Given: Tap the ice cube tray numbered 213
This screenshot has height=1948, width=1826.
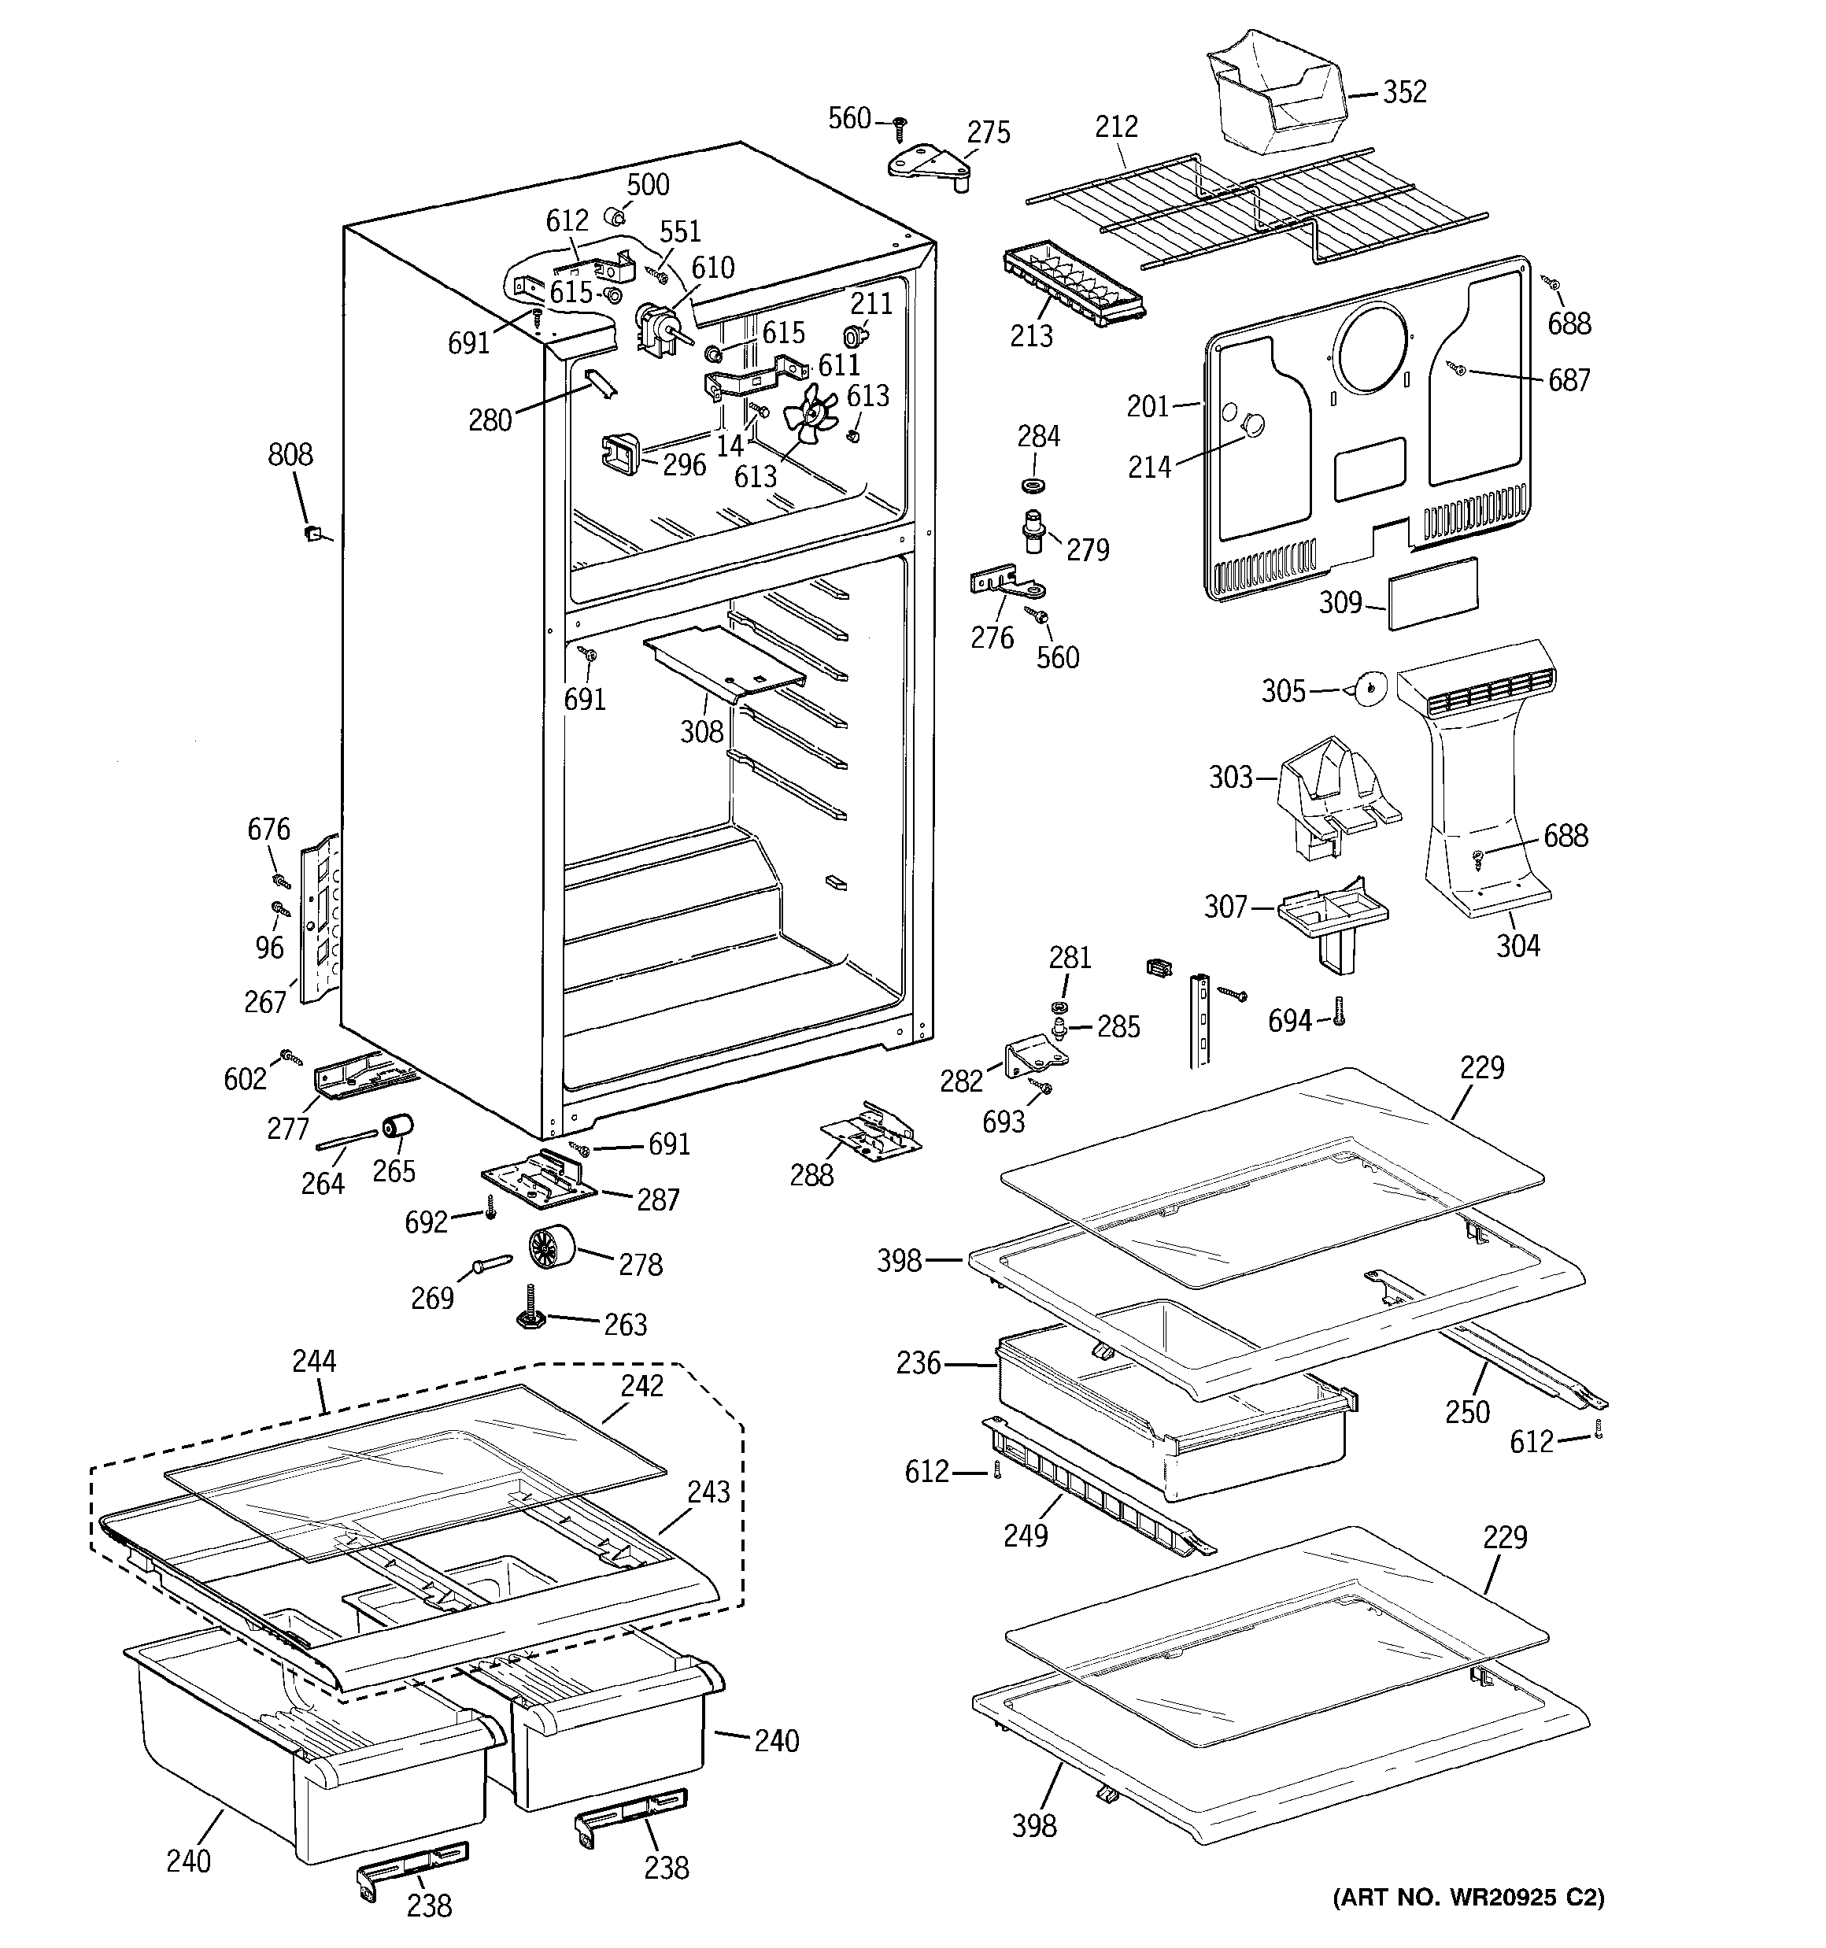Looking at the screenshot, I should pyautogui.click(x=1071, y=284).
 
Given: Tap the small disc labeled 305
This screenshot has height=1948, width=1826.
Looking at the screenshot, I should pyautogui.click(x=1367, y=688).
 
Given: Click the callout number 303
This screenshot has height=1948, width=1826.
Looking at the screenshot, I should pyautogui.click(x=1231, y=778).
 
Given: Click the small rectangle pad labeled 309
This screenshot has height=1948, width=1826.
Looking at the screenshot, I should pyautogui.click(x=1431, y=591).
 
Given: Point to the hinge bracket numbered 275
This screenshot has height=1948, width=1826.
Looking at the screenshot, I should pyautogui.click(x=928, y=164).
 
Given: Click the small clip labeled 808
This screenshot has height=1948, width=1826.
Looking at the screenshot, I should pyautogui.click(x=312, y=532).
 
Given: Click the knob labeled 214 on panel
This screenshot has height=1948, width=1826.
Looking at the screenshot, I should pyautogui.click(x=1252, y=423).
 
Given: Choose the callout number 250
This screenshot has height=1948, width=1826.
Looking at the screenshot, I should pyautogui.click(x=1466, y=1411).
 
